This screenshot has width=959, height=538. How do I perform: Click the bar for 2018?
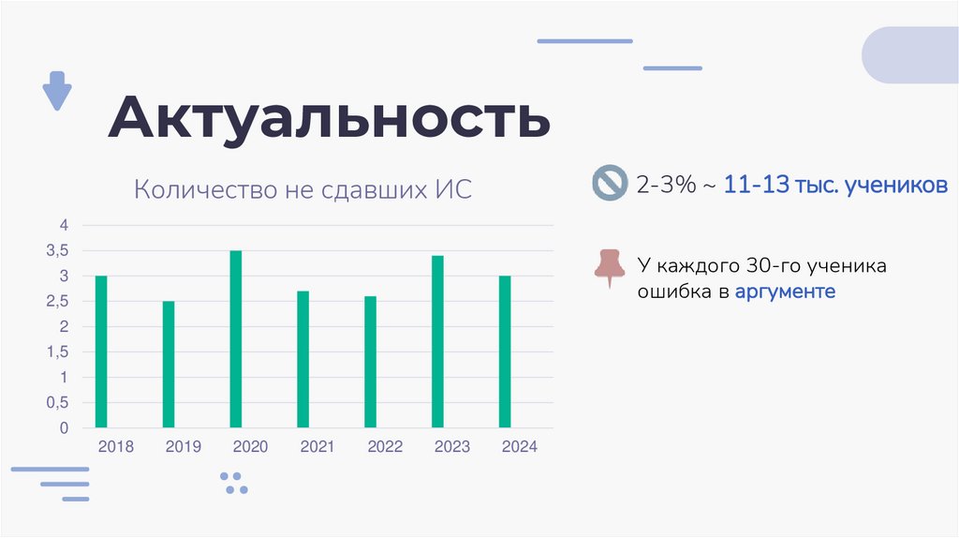(101, 351)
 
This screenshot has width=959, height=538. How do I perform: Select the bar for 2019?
(169, 364)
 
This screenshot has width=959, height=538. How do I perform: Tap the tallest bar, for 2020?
(236, 338)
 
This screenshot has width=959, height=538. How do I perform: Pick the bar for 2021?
(302, 359)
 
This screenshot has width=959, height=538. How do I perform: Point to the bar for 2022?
(370, 362)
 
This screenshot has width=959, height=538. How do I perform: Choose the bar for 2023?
(437, 341)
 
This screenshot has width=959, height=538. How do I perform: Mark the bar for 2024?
(505, 351)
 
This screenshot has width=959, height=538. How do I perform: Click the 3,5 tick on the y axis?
(58, 251)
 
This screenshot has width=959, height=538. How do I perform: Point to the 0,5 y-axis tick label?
(58, 403)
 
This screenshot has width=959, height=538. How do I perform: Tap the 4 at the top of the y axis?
(65, 225)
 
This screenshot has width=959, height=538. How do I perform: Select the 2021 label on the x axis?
(317, 447)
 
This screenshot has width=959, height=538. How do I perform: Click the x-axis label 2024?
(519, 447)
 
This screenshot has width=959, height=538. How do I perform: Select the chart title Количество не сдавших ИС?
(303, 190)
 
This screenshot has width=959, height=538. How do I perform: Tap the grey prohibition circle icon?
(609, 183)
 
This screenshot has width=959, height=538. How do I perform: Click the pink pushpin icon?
(610, 267)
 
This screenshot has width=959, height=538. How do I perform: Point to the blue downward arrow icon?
(57, 91)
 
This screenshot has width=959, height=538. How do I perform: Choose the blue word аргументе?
(785, 291)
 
